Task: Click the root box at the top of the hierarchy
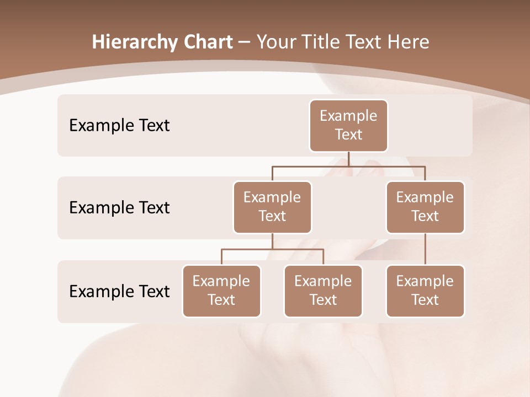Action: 348,125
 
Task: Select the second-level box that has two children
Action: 272,207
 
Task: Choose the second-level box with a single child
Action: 425,207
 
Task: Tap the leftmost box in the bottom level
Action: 221,291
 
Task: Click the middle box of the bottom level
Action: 323,291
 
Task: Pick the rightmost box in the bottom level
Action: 425,291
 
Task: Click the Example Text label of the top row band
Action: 119,125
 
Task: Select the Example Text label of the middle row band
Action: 119,207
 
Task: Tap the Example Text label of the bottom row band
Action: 119,291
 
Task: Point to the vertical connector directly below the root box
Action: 348,159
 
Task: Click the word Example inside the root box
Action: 348,116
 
